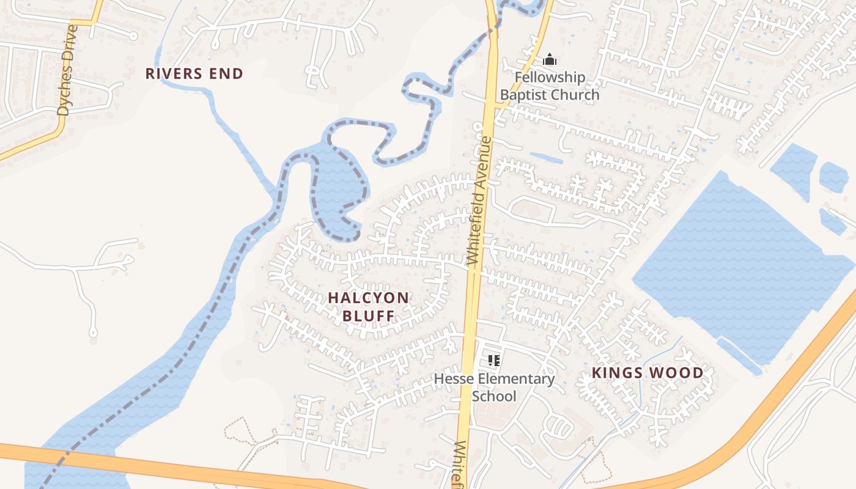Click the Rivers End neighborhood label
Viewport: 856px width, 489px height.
tap(194, 74)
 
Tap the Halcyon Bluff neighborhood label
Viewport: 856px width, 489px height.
tap(368, 307)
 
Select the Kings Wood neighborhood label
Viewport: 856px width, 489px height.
tap(648, 373)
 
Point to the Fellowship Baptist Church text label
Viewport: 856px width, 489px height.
tap(550, 86)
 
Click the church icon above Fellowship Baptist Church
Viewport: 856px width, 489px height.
tap(550, 60)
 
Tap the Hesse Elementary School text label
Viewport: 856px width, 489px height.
tap(494, 387)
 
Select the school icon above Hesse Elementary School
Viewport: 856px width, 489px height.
tap(494, 361)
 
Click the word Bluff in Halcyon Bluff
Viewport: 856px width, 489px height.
tap(368, 316)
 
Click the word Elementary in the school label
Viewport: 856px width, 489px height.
tap(516, 379)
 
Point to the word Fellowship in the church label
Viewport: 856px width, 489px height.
tap(550, 78)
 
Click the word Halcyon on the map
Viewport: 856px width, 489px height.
tap(368, 298)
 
